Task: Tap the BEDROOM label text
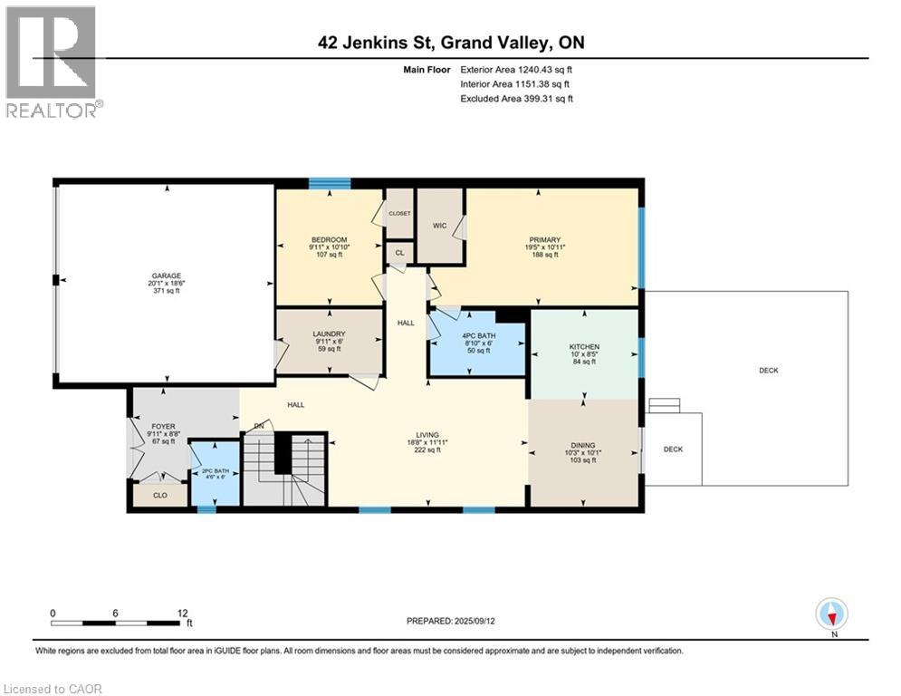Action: coord(327,239)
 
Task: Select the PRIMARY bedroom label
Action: coord(545,239)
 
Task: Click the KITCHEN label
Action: coord(584,346)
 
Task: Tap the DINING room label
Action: coord(583,445)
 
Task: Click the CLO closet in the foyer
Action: coord(160,496)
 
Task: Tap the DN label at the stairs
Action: coord(258,426)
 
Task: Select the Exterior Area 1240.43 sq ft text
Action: coord(516,68)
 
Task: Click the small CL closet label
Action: coord(398,254)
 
